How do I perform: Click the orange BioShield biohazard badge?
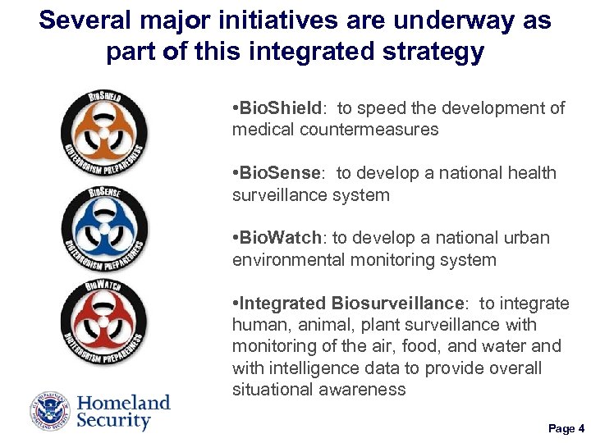coord(105,132)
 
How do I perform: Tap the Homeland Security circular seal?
coord(51,411)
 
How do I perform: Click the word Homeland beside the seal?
coord(124,402)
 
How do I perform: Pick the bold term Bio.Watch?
coord(278,239)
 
